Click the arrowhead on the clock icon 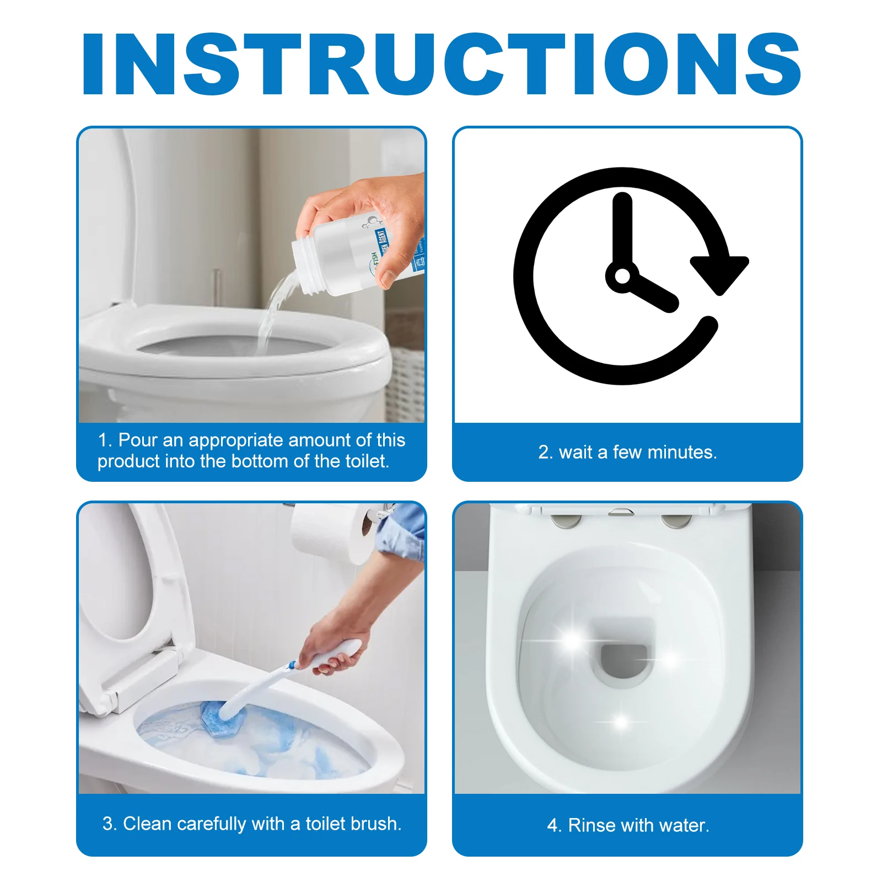coord(719,273)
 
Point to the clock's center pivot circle coord(622,276)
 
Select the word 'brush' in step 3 coord(375,824)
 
